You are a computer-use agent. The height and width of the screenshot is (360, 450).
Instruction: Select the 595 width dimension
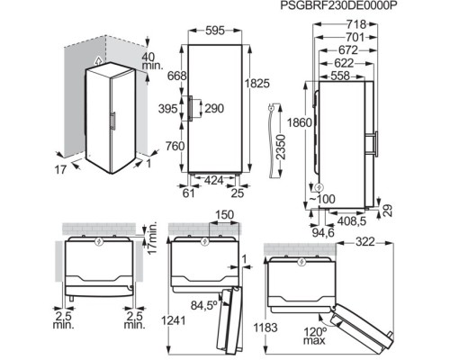click(215, 31)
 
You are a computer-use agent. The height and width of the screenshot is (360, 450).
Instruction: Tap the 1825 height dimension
click(257, 84)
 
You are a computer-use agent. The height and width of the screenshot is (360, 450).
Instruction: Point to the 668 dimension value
click(176, 76)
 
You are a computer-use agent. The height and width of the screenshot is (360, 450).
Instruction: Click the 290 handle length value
click(214, 108)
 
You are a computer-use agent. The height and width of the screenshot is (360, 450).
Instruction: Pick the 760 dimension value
click(175, 146)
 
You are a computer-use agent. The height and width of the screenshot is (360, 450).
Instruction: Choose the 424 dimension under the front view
click(214, 180)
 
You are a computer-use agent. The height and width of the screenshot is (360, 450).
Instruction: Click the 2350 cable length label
click(280, 147)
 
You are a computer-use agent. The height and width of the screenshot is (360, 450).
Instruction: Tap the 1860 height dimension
click(299, 122)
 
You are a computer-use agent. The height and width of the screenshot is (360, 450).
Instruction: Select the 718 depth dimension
click(356, 24)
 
